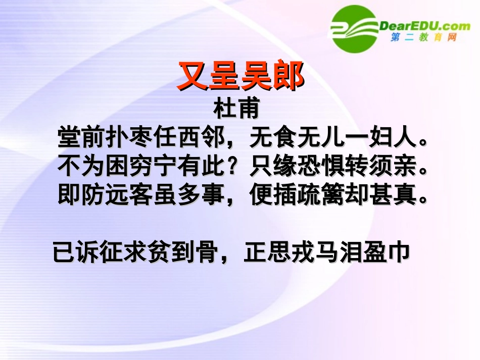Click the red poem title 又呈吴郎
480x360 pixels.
pos(240,77)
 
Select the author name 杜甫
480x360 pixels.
pos(236,109)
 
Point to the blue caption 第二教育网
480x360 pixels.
pos(423,38)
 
